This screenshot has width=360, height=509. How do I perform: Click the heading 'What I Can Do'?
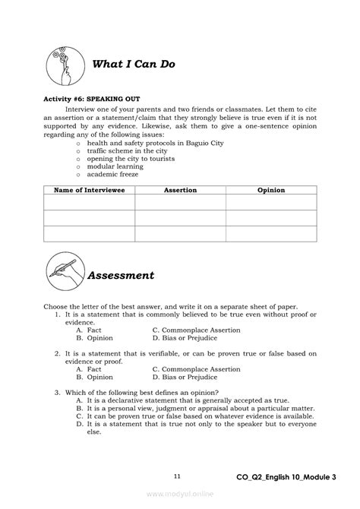click(x=133, y=65)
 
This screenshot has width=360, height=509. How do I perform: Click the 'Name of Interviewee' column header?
click(x=89, y=190)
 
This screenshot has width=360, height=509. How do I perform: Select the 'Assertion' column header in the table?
click(x=180, y=190)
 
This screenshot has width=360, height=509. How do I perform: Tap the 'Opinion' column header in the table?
click(x=271, y=190)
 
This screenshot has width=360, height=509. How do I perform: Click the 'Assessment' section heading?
click(x=123, y=275)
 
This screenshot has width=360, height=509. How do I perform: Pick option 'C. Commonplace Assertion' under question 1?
click(x=196, y=330)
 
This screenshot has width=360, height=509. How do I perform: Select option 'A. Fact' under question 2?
click(x=84, y=368)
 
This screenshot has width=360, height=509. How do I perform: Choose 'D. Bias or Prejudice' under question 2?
click(x=185, y=376)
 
